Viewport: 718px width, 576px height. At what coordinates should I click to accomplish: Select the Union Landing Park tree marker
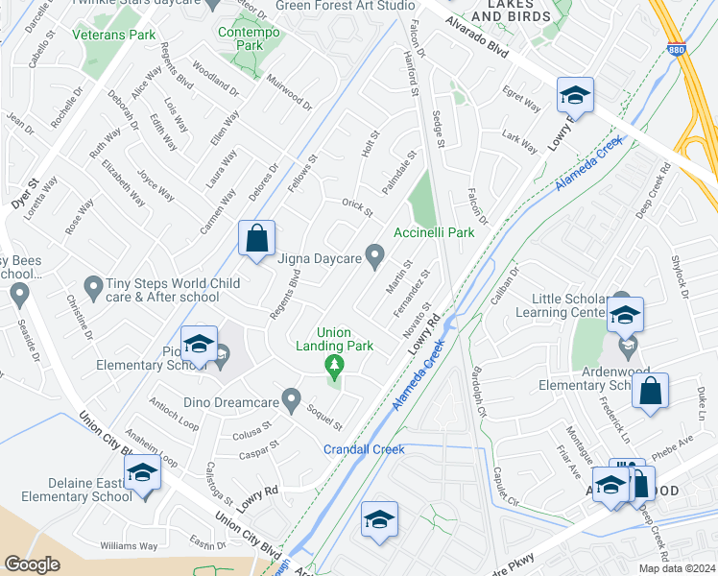(334, 365)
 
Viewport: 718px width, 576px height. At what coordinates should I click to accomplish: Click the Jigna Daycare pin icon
(375, 256)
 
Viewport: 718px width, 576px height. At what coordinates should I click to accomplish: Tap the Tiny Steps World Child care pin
(93, 285)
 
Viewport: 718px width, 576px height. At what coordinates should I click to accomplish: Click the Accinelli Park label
(434, 232)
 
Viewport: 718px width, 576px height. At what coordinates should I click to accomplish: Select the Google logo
(32, 564)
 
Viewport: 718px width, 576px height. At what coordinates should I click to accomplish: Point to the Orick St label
(357, 204)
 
